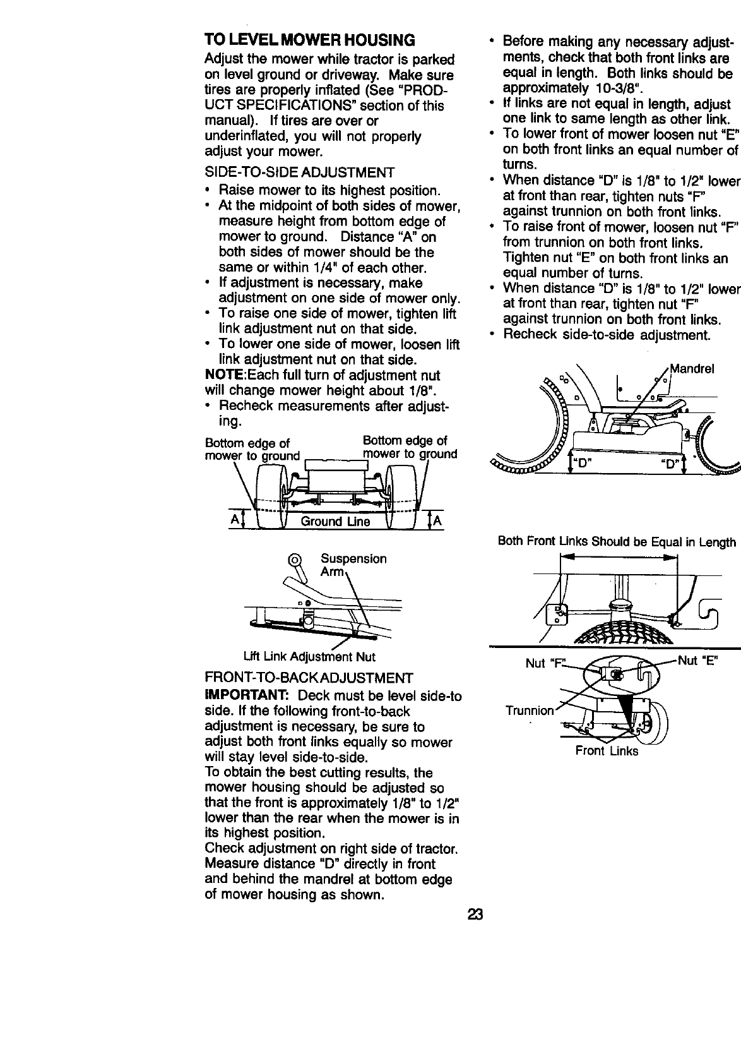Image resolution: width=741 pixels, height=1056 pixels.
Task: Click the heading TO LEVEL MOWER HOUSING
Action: tap(310, 40)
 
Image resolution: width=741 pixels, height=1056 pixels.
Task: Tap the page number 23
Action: tap(475, 915)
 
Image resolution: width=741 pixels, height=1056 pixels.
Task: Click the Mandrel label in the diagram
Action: tap(692, 369)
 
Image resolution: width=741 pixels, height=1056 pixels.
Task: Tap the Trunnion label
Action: tap(529, 710)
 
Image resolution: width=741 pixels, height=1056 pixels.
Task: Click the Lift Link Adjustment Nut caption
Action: tap(306, 657)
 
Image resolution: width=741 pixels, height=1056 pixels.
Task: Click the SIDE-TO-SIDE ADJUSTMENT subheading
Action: tap(300, 173)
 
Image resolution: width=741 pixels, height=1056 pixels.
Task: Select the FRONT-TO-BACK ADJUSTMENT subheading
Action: tap(309, 678)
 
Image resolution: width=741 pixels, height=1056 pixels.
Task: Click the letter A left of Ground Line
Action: tap(234, 520)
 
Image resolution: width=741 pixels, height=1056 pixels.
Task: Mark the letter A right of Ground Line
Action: tap(437, 520)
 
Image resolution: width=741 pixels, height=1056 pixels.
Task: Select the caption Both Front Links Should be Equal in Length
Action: tap(617, 542)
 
